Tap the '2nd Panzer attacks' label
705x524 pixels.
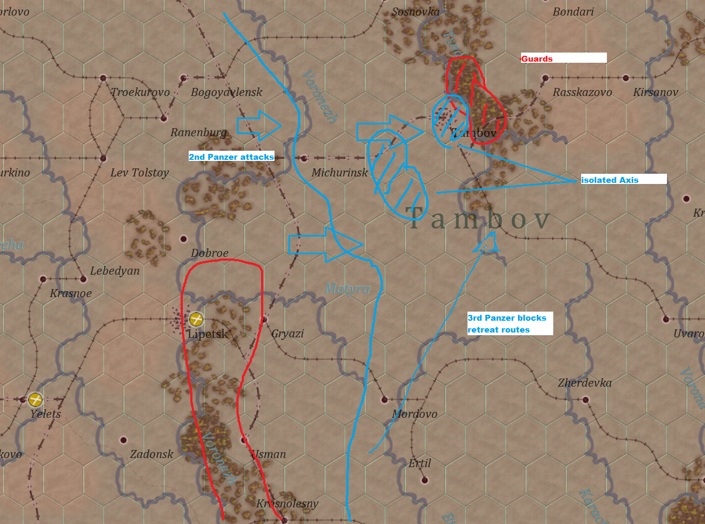[x=232, y=157]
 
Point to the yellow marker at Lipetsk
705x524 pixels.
[x=196, y=320]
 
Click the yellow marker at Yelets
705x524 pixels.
[x=35, y=400]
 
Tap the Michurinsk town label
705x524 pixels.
[x=340, y=173]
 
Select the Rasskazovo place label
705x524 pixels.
[x=582, y=92]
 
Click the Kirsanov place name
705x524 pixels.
[x=656, y=92]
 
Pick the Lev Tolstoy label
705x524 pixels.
[x=139, y=173]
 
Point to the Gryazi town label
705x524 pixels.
[x=287, y=334]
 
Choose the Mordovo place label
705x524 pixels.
[x=414, y=414]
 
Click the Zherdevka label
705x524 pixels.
[x=584, y=383]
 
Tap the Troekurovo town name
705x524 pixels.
[x=140, y=92]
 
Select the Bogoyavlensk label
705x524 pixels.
[x=227, y=92]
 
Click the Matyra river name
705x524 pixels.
[x=347, y=289]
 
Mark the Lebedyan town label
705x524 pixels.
[x=115, y=271]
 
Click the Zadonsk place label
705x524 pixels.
[x=152, y=454]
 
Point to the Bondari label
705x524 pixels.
[x=573, y=12]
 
